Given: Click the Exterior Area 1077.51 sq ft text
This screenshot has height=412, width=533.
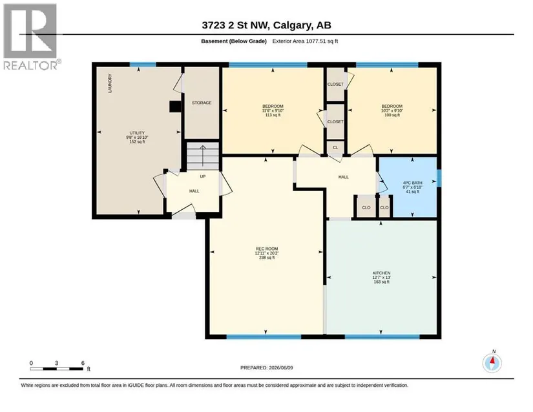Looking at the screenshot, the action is tap(305, 41).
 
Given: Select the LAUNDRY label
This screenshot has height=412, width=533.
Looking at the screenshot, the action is tap(110, 83).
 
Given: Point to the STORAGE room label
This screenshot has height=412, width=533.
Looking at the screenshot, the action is tap(202, 103).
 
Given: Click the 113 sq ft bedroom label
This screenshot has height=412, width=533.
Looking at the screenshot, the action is tap(273, 110).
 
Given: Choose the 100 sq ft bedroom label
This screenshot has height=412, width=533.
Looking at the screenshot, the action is tap(392, 110).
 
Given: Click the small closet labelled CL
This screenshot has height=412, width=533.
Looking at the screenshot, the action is tap(335, 147).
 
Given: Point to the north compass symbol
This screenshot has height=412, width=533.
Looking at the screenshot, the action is tap(492, 362).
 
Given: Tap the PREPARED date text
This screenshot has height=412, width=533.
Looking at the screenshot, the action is tap(266, 367).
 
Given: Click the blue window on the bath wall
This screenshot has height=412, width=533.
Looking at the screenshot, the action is tap(439, 178).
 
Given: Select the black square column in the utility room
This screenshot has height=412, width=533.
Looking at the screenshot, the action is tap(175, 107).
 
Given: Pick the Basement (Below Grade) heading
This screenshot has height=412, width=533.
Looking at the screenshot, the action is tap(234, 41).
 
